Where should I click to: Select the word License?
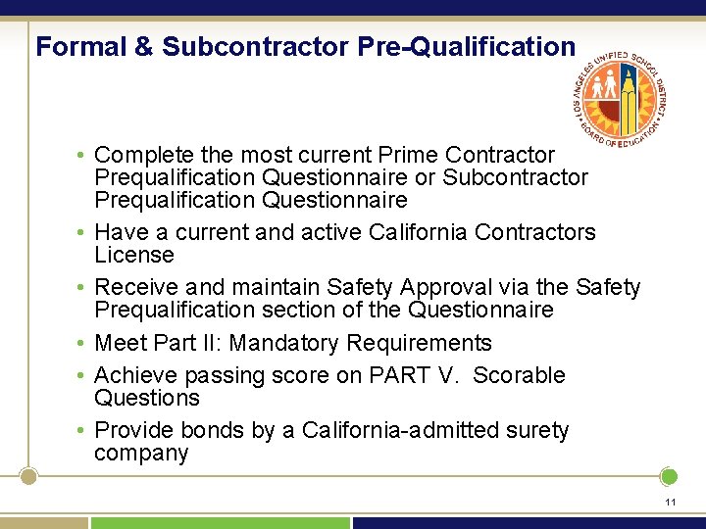tap(133, 255)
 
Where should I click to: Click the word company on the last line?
tap(140, 454)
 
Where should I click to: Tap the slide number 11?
tap(670, 502)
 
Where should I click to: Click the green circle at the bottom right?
tap(669, 477)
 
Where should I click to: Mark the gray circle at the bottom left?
tap(28, 477)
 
